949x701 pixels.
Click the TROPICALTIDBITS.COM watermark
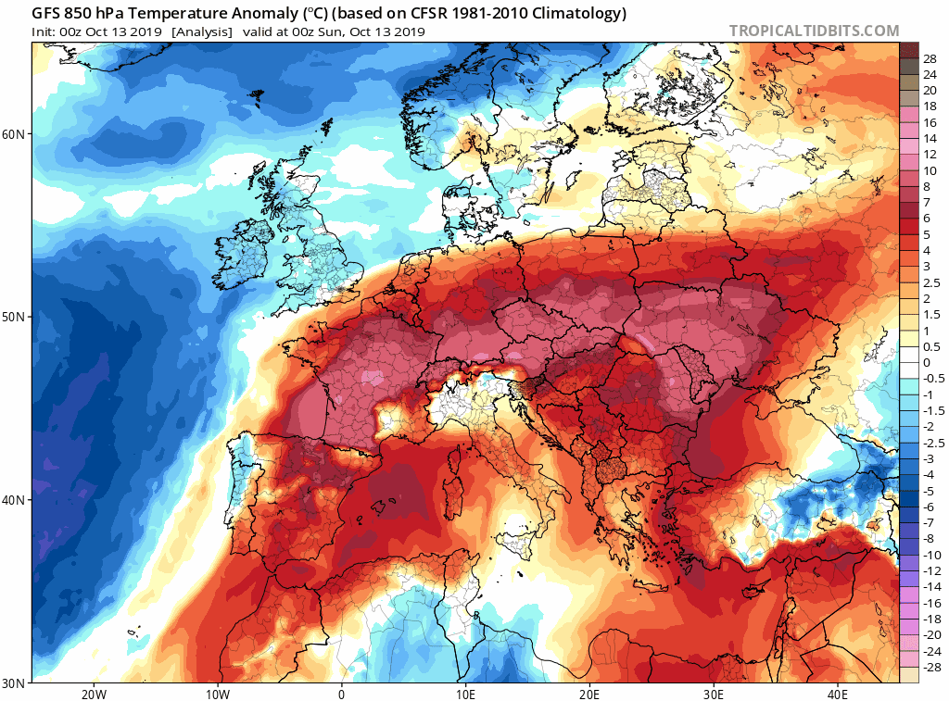pyautogui.click(x=814, y=31)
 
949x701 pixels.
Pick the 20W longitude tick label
pyautogui.click(x=93, y=694)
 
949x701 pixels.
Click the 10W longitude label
pyautogui.click(x=217, y=694)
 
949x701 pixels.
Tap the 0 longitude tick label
pyautogui.click(x=341, y=694)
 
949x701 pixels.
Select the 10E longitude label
pyautogui.click(x=465, y=694)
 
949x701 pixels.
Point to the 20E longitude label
pyautogui.click(x=589, y=694)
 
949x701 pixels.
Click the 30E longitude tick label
pyautogui.click(x=714, y=694)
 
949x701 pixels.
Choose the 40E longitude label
pyautogui.click(x=838, y=694)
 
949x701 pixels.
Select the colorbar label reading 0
pyautogui.click(x=926, y=362)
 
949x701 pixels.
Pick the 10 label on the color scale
pyautogui.click(x=930, y=171)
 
